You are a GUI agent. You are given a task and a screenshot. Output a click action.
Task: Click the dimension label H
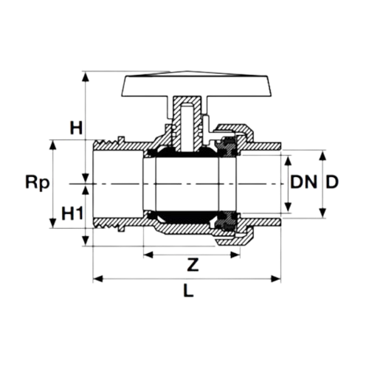(x=76, y=128)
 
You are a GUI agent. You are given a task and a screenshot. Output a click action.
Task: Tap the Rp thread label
(x=38, y=183)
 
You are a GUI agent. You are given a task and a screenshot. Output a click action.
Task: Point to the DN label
(x=303, y=182)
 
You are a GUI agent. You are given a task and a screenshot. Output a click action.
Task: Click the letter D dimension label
(x=332, y=182)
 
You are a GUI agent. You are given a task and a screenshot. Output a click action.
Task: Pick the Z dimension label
(x=193, y=265)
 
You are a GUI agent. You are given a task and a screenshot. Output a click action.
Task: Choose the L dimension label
(x=188, y=291)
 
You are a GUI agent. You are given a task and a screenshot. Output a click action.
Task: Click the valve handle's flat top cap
(x=196, y=86)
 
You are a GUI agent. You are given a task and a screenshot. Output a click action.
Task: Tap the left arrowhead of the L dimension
(x=98, y=279)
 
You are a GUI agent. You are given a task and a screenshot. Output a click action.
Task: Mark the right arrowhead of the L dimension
(x=276, y=279)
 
